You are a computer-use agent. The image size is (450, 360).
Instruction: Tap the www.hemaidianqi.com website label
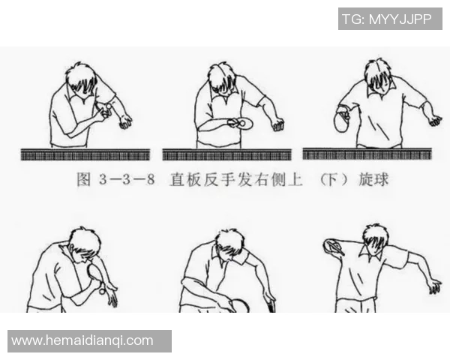(x=82, y=340)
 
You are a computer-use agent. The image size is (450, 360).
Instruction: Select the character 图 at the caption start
(x=84, y=181)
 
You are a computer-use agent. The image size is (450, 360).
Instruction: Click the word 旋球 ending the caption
(x=373, y=181)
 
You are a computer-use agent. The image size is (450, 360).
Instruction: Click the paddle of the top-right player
(x=341, y=121)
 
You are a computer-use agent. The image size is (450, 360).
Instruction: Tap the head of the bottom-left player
(x=84, y=243)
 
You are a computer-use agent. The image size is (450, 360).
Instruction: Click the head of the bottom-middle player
(x=229, y=244)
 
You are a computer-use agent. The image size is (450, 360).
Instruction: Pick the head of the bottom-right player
(x=374, y=238)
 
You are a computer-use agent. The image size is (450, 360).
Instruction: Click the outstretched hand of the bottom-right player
(x=433, y=286)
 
